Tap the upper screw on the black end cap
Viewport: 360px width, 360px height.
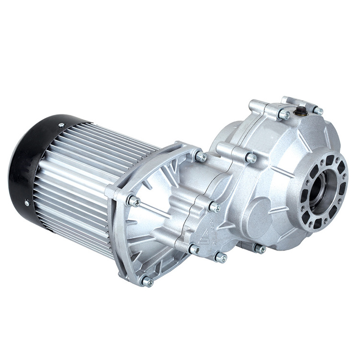click(61, 125)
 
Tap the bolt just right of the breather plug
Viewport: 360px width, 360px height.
click(318, 110)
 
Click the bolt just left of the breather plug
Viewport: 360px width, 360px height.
click(284, 115)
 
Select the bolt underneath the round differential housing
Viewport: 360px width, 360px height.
click(260, 249)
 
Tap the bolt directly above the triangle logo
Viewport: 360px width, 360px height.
click(215, 207)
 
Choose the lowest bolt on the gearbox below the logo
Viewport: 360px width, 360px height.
click(221, 258)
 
